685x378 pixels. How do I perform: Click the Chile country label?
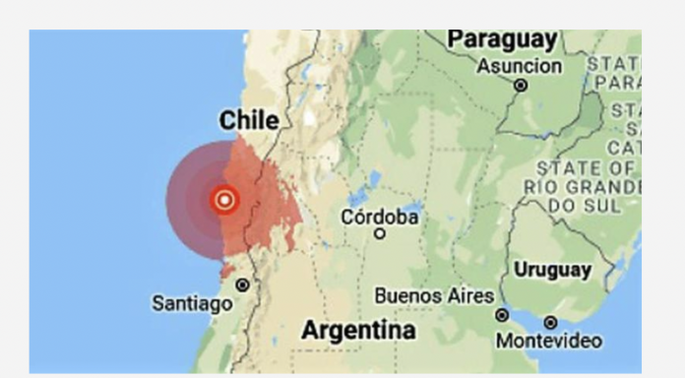tap(249, 120)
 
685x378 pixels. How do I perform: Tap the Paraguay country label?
tap(501, 40)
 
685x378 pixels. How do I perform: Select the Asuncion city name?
tap(519, 67)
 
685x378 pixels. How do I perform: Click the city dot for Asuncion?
tap(521, 86)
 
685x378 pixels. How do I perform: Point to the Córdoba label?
tap(380, 216)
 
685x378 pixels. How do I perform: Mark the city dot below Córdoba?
tap(380, 233)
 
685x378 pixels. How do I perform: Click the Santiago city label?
tap(192, 304)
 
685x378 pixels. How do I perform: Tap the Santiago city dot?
tap(241, 284)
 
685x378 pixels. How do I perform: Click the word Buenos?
tap(408, 295)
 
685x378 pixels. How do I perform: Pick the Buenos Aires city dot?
tap(502, 315)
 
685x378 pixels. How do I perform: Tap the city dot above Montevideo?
tap(550, 322)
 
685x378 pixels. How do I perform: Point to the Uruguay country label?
tap(552, 269)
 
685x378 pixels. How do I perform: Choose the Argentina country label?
tap(358, 330)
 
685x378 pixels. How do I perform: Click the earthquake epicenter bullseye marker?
tap(224, 200)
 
